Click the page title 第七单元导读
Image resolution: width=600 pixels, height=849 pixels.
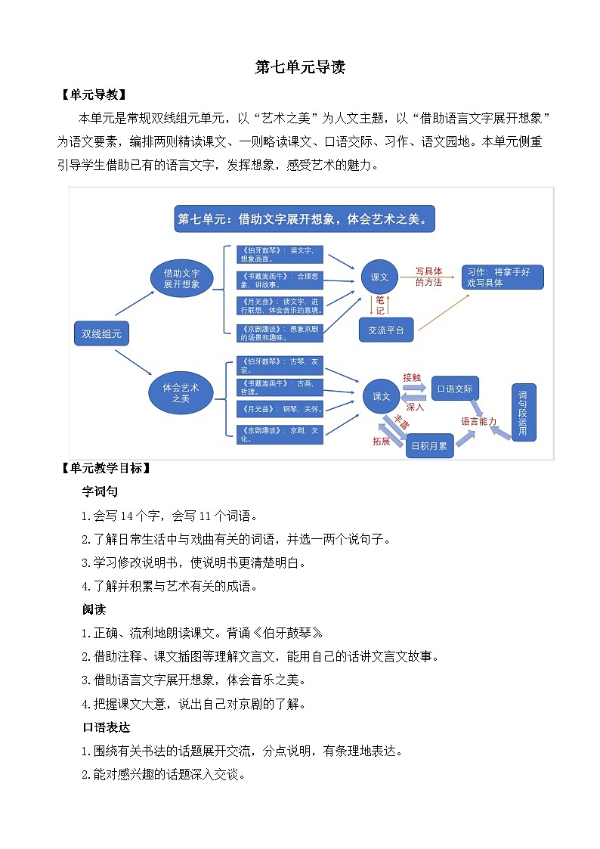[300, 67]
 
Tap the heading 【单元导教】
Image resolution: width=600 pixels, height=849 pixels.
[94, 95]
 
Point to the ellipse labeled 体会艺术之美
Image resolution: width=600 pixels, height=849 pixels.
[181, 392]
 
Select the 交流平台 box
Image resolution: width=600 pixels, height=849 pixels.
[386, 330]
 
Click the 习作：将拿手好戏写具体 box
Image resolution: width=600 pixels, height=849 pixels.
[503, 277]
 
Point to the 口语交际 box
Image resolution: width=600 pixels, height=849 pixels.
[455, 389]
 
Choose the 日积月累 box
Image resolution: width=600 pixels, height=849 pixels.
[429, 446]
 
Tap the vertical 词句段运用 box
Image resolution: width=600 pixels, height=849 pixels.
[523, 413]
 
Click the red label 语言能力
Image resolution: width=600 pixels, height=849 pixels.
[479, 421]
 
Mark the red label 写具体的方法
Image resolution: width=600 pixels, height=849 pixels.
[428, 277]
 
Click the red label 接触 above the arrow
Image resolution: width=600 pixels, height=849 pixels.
[411, 377]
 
